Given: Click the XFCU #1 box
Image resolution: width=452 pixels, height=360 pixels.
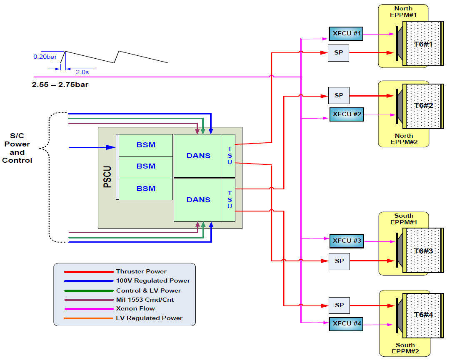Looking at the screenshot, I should [x=345, y=33].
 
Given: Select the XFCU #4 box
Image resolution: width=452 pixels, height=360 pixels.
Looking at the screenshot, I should [x=345, y=324].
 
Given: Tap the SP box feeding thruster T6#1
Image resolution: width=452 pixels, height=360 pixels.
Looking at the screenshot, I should [x=338, y=53].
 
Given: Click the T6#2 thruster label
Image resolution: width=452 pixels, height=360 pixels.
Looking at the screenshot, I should [x=423, y=105].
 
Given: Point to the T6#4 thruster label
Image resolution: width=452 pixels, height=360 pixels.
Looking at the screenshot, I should [x=423, y=315].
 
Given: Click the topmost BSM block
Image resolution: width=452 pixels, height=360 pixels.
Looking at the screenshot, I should [x=146, y=145].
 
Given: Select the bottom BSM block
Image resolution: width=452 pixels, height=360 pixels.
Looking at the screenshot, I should [x=146, y=189].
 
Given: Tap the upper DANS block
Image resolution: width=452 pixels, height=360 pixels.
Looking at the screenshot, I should [x=198, y=156].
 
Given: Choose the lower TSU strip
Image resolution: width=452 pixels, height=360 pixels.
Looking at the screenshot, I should [x=230, y=200].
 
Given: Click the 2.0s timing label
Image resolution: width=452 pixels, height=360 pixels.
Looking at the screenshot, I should [x=82, y=72].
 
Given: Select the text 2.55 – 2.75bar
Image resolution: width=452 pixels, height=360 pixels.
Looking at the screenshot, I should [x=60, y=84].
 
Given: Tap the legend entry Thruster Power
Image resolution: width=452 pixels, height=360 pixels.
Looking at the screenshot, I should [x=141, y=271].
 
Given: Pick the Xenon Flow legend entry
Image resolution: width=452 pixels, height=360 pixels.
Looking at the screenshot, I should [x=135, y=308].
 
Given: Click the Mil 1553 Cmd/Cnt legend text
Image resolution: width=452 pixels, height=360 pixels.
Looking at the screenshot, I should [x=145, y=299].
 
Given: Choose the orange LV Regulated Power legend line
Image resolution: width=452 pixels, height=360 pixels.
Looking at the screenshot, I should [x=88, y=318].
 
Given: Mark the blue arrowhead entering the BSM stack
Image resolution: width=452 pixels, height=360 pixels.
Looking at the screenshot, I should [x=112, y=147].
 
